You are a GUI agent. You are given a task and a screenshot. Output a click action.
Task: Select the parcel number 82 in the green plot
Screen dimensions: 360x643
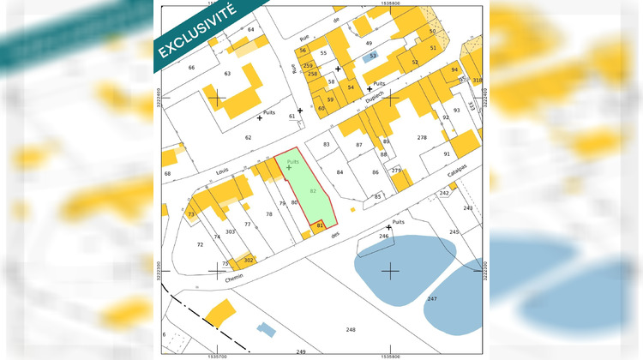(x=313, y=189)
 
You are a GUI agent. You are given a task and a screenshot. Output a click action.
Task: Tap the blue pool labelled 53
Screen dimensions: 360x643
(x=371, y=56)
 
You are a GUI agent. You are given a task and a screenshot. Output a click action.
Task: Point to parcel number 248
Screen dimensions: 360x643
(x=350, y=329)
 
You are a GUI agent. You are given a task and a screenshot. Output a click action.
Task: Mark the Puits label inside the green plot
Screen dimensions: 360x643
(x=292, y=160)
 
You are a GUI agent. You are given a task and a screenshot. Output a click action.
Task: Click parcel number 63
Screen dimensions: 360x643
(x=227, y=74)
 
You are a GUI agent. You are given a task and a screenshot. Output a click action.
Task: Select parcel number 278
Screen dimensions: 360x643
(x=421, y=137)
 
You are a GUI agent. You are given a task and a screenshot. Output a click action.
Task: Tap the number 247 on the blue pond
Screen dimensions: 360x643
(x=432, y=298)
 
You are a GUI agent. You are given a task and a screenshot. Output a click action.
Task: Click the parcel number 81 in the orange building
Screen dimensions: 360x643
(x=320, y=225)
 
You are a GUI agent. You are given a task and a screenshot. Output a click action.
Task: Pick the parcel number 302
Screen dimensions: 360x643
(x=248, y=259)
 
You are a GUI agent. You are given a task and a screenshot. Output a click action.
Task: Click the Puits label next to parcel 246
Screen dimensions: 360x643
(x=398, y=221)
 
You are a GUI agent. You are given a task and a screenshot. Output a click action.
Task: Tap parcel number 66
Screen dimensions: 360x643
(x=191, y=67)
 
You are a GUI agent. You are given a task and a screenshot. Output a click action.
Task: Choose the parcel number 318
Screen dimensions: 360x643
(x=478, y=81)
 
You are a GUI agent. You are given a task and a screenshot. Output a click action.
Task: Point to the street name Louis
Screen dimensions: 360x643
(x=222, y=171)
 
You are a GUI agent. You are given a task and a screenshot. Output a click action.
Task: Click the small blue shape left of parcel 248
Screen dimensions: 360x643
(x=267, y=328)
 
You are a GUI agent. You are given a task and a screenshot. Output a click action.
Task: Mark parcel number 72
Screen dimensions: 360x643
(x=200, y=244)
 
